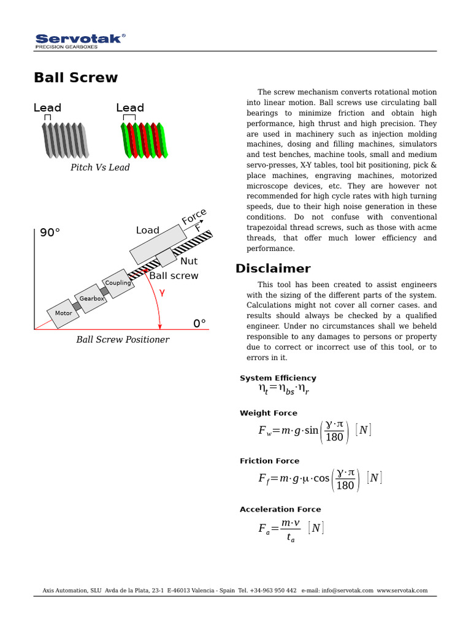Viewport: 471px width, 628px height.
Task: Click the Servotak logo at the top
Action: coord(80,40)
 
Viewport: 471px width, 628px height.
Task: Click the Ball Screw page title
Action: coord(75,78)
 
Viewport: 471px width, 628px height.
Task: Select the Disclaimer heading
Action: coord(273,269)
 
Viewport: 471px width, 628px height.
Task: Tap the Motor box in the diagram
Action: coord(64,313)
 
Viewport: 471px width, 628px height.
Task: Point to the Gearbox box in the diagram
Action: coord(91,298)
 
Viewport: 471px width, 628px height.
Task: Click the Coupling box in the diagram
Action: coord(118,283)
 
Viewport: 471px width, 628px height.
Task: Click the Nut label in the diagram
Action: coord(189,261)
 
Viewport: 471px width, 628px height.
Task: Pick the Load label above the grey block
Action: coord(147,230)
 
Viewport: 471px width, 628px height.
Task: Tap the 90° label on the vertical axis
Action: coord(50,233)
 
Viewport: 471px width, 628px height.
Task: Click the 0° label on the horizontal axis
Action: coord(199,323)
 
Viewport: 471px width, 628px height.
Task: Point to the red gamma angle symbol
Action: coord(162,293)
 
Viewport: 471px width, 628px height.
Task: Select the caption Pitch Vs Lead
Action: coord(100,167)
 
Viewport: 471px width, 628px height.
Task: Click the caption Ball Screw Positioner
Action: coord(123,340)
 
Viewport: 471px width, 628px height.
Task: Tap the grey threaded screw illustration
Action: coord(65,139)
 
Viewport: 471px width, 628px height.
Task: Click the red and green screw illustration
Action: coord(144,139)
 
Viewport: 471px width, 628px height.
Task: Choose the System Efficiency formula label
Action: coord(278,378)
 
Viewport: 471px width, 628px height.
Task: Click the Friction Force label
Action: coord(269,461)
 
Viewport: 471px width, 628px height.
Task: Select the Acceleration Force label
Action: coord(280,510)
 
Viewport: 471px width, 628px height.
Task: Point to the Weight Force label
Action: coord(268,413)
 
